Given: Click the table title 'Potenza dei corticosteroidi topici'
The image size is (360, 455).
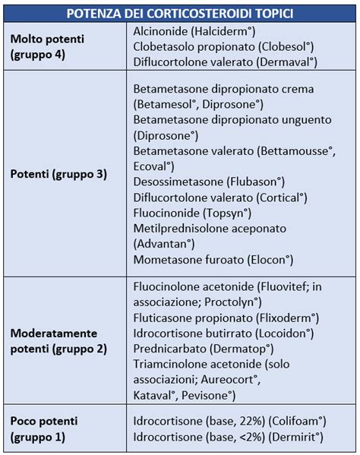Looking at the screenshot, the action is pyautogui.click(x=180, y=13).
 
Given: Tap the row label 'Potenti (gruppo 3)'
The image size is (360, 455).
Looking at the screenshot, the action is pyautogui.click(x=58, y=174).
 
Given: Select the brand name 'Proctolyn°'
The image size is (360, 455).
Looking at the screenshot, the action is pyautogui.click(x=237, y=302).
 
